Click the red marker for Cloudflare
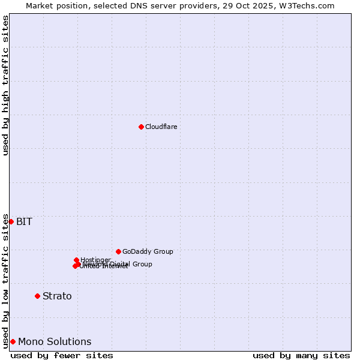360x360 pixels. click(x=141, y=127)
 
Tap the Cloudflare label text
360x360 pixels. click(x=161, y=127)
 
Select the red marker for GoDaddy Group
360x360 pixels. click(x=118, y=251)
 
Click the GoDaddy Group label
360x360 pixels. click(x=148, y=251)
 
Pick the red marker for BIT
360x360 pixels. click(x=11, y=221)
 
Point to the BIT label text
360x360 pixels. click(x=24, y=221)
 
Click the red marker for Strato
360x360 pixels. click(x=37, y=296)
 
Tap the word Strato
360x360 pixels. click(x=57, y=296)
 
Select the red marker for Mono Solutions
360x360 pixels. click(x=13, y=341)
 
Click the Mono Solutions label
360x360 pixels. click(x=55, y=341)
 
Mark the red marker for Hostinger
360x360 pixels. click(x=76, y=260)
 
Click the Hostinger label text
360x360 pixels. click(x=95, y=260)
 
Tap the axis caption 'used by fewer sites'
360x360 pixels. click(x=62, y=355)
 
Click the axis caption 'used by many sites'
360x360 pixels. click(x=301, y=355)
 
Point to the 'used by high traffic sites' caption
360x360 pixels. click(x=5, y=85)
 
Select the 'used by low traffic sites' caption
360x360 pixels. click(x=5, y=281)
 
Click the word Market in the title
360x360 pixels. click(x=39, y=5)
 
